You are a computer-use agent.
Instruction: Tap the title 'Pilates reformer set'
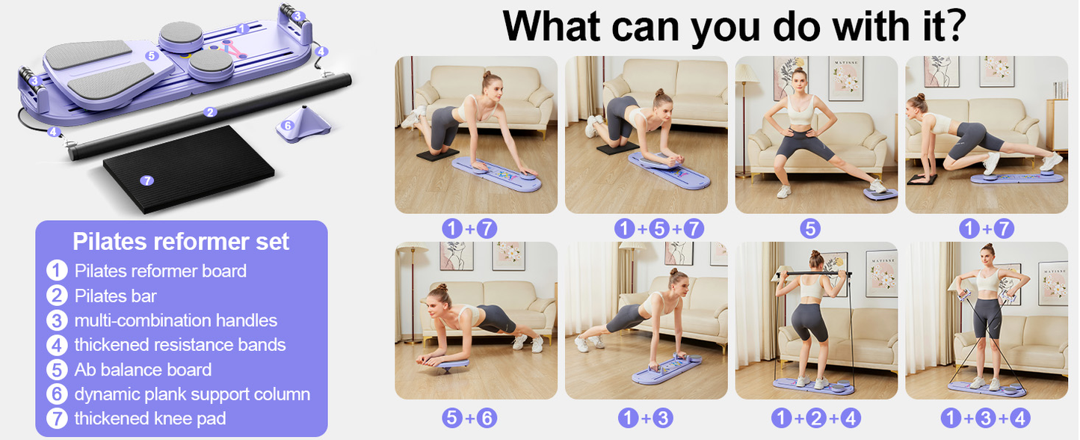(x=181, y=241)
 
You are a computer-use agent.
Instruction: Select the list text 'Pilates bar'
(x=116, y=296)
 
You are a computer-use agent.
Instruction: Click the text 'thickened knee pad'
(x=150, y=418)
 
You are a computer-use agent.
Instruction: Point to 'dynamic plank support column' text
(x=192, y=394)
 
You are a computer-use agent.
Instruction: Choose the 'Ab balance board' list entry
(x=144, y=370)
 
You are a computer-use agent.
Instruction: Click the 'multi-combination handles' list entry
(x=176, y=320)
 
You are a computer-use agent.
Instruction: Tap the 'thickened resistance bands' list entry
(x=180, y=345)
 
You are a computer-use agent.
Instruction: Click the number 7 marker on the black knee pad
(x=146, y=180)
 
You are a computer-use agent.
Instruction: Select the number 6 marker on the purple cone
(x=287, y=126)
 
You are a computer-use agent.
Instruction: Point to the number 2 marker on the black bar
(x=210, y=112)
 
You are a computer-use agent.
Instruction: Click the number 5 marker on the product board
(x=152, y=55)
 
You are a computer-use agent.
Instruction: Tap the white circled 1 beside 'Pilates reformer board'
(x=57, y=271)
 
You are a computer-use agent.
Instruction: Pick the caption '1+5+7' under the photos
(x=659, y=228)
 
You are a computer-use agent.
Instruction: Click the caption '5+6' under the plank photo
(x=469, y=418)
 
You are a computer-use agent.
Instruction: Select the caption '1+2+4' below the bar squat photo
(x=816, y=418)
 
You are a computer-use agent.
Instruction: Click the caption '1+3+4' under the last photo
(x=986, y=418)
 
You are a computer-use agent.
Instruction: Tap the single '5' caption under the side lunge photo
(x=810, y=228)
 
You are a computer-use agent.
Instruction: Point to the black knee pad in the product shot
(x=189, y=168)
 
